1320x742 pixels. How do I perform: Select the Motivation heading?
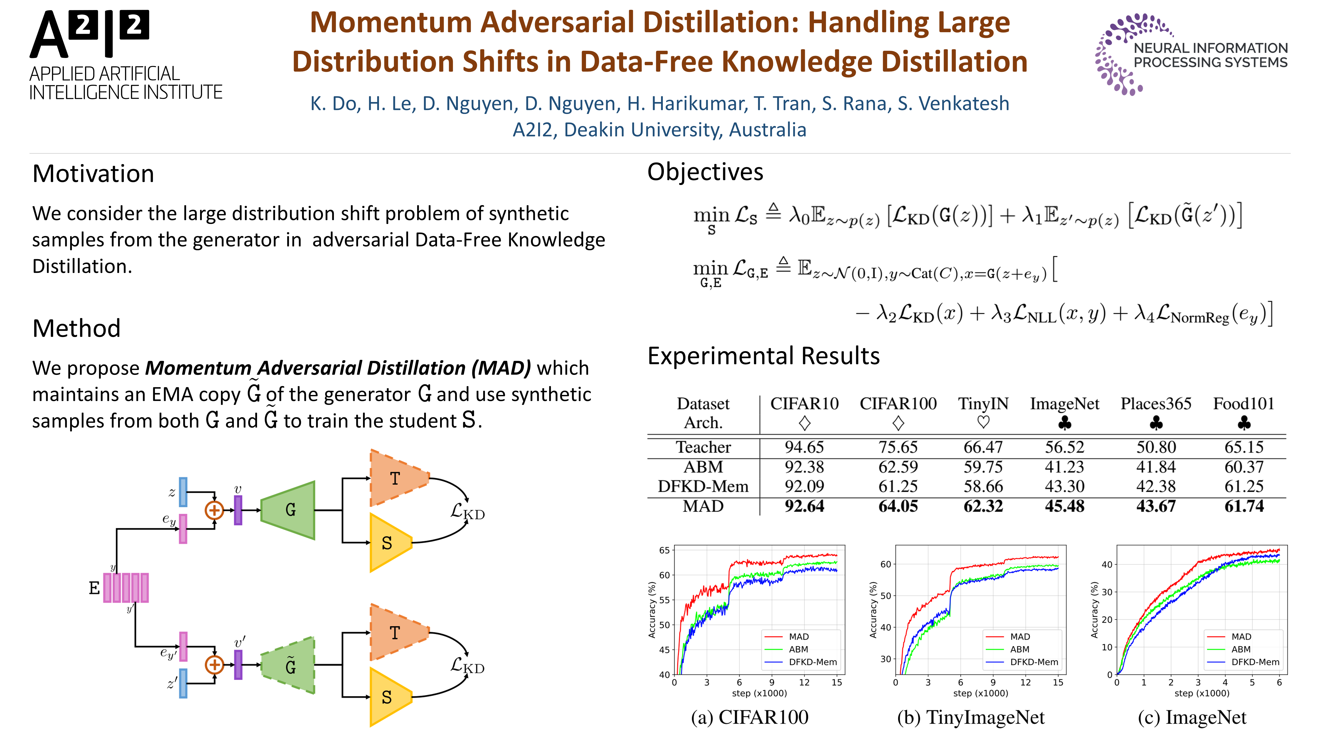(93, 174)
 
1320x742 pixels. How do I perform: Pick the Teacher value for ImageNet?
(1064, 447)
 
